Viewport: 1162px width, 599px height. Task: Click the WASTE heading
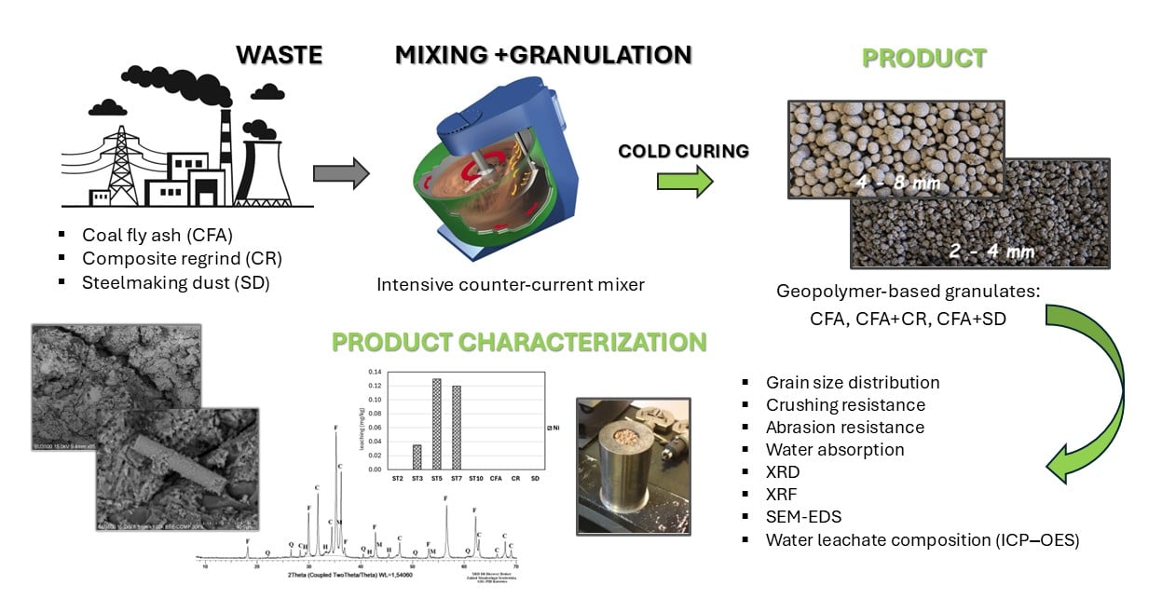tap(279, 54)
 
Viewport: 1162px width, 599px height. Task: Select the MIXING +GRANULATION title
tap(543, 54)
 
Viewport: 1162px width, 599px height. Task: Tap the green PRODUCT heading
tap(923, 58)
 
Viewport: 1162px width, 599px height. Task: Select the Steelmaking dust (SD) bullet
tap(175, 283)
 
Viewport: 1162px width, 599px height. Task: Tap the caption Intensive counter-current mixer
tap(511, 284)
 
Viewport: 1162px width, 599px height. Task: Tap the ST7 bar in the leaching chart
tap(457, 428)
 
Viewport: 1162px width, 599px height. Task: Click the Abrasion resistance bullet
tap(844, 427)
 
